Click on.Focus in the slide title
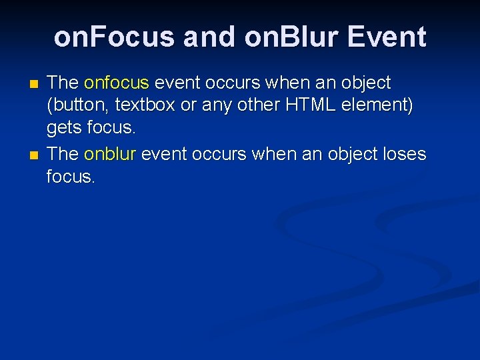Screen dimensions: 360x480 [x=114, y=37]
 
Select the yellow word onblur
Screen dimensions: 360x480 [x=110, y=154]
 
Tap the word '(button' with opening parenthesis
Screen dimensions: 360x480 [x=71, y=106]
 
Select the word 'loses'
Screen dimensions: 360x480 [x=401, y=154]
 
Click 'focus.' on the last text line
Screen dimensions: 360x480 [x=71, y=177]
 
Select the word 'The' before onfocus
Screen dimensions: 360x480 [x=63, y=83]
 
